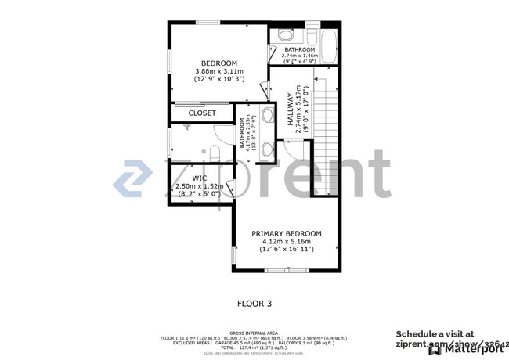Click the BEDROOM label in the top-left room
coord(218,63)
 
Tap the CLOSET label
coord(201,113)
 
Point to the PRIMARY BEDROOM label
coord(286,233)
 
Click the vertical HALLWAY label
coord(289,112)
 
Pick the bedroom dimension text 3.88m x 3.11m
coord(218,71)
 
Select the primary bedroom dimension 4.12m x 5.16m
coord(286,242)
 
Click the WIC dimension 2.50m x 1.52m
coord(200,186)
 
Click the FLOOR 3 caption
coord(254,301)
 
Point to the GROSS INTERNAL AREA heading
coord(254,333)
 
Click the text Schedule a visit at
coord(435,334)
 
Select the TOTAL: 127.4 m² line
coord(254,347)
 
